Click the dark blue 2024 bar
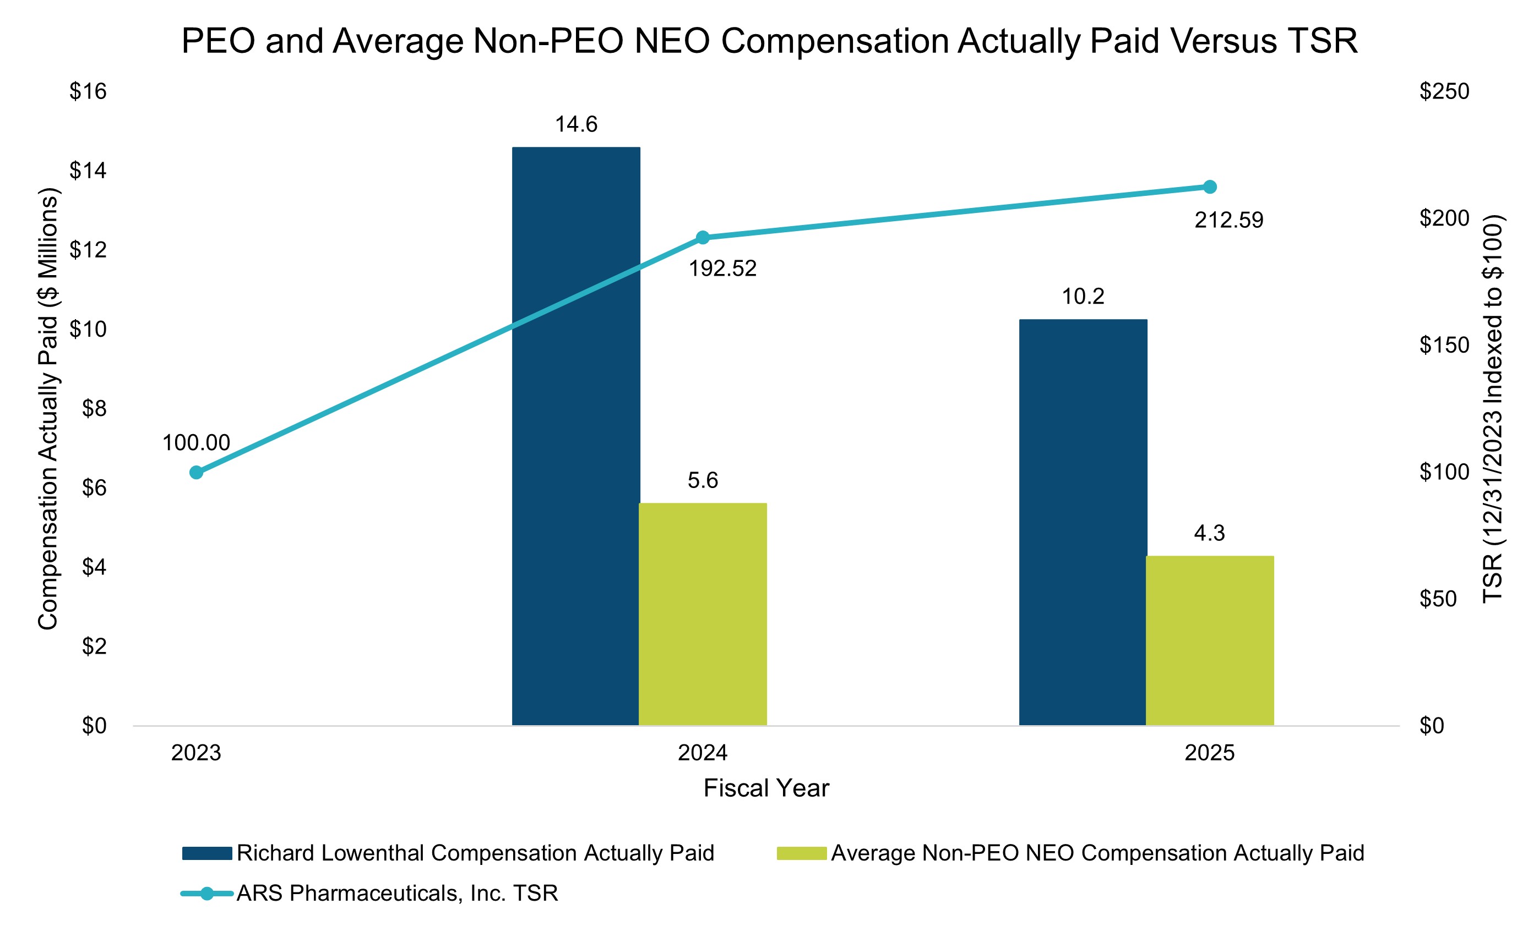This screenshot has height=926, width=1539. click(575, 436)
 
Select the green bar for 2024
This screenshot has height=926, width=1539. click(703, 614)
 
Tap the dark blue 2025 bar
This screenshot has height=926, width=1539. click(1083, 522)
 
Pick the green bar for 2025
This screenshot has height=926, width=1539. click(1209, 640)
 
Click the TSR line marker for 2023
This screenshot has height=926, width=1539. click(196, 473)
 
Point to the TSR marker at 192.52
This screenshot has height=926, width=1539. click(703, 238)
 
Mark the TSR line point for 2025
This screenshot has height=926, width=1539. click(1209, 187)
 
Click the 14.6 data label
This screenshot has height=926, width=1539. click(577, 125)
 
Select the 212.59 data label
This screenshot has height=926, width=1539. click(1228, 220)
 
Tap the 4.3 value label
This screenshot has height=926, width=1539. click(1209, 534)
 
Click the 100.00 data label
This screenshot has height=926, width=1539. click(196, 443)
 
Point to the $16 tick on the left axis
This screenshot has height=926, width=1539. click(88, 92)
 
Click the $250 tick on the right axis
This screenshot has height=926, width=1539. click(1444, 92)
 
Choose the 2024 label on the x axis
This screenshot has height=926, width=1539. click(703, 753)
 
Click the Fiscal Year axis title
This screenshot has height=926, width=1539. click(766, 788)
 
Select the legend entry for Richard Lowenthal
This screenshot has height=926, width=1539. click(448, 853)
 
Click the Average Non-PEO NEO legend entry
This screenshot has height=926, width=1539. click(1070, 853)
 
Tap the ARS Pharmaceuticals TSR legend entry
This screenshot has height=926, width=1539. click(369, 894)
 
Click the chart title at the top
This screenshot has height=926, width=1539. click(769, 41)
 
